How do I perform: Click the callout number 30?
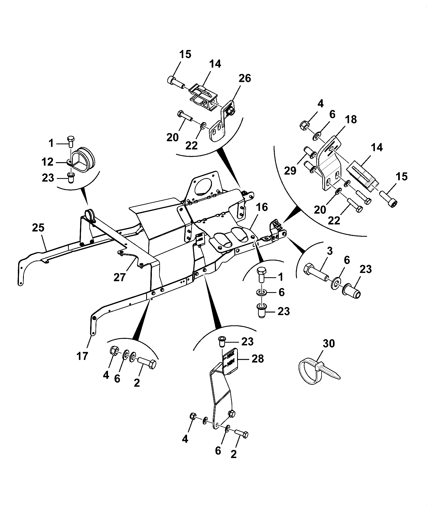[x=329, y=343]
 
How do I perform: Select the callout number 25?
[x=38, y=228]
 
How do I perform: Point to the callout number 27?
[x=120, y=277]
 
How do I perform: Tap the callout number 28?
[x=257, y=359]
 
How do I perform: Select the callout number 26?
[x=245, y=78]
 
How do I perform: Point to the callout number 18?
[x=351, y=119]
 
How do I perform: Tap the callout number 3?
[x=330, y=251]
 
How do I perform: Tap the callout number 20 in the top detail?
[x=173, y=138]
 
